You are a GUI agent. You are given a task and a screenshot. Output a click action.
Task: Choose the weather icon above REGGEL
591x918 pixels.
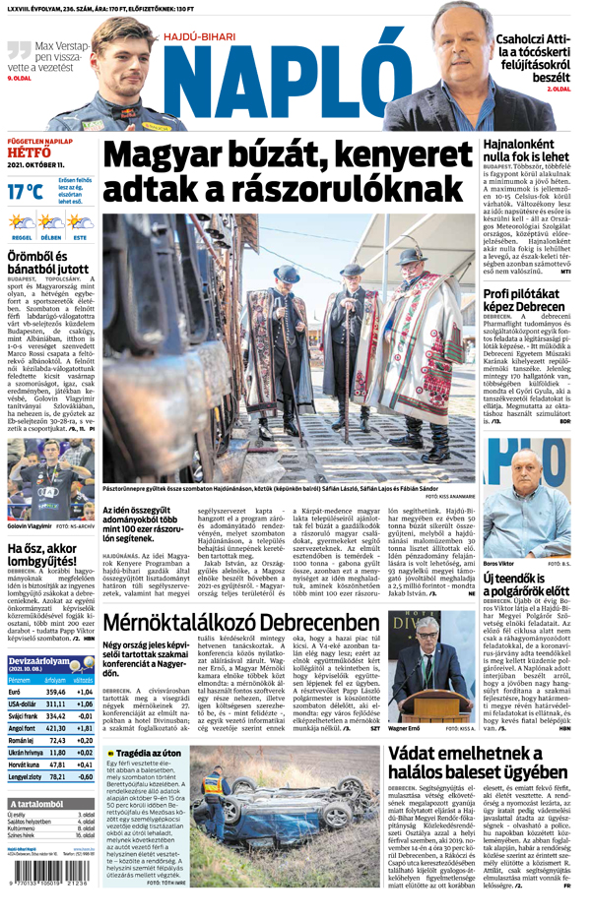click(21, 224)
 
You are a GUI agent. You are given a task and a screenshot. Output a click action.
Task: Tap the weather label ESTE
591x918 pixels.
click(79, 238)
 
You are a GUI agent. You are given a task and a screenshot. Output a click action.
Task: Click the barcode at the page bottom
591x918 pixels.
click(47, 900)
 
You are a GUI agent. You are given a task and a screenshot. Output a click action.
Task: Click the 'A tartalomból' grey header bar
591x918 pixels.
click(49, 830)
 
